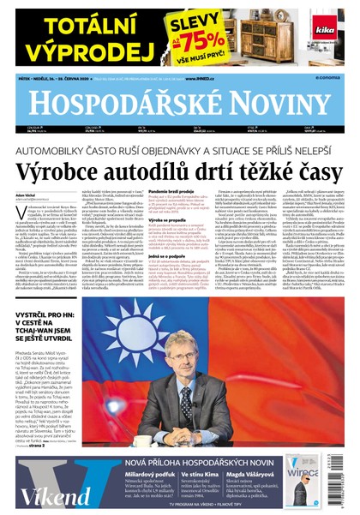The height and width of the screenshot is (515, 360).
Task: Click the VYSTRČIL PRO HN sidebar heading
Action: (x=45, y=342)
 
